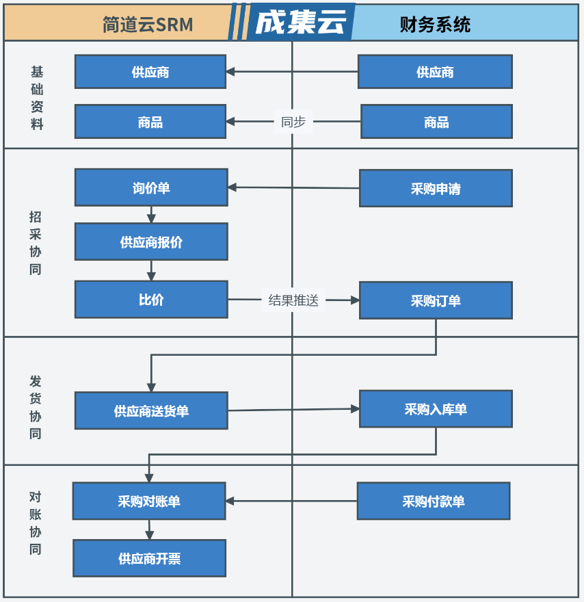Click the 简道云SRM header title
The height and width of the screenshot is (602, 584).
[x=148, y=25]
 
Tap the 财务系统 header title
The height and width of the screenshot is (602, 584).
[x=435, y=25]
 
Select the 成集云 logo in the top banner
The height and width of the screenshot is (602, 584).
[x=301, y=22]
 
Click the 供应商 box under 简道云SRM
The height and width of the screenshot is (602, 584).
[x=150, y=72]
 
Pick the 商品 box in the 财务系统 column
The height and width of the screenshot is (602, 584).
[x=437, y=122]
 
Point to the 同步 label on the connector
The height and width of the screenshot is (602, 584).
[x=293, y=122]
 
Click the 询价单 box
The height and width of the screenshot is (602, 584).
[x=151, y=187]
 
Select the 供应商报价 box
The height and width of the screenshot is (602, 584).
[x=151, y=242]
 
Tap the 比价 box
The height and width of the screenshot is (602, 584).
[x=151, y=300]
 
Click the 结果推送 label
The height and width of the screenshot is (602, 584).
[x=293, y=300]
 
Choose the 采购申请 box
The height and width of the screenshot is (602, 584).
[x=436, y=189]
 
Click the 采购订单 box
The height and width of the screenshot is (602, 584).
[x=436, y=300]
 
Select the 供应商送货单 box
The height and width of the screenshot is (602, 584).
[x=151, y=411]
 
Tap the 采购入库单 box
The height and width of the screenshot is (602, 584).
[x=436, y=409]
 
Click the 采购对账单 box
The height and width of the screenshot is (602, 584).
[x=149, y=501]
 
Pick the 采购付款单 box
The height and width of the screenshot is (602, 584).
[x=434, y=501]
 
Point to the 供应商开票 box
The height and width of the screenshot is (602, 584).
[x=149, y=558]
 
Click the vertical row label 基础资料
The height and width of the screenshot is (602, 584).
[x=37, y=98]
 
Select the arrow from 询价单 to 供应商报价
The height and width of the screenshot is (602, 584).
[x=151, y=215]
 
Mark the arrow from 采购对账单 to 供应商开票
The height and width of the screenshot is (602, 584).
[x=149, y=529]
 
